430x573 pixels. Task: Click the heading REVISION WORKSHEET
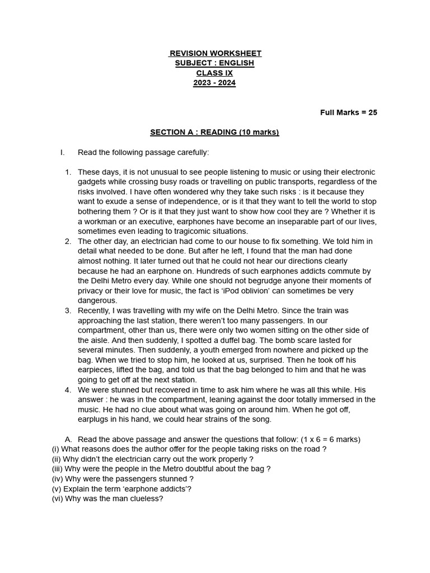coord(215,53)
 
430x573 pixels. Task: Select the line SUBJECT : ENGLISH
coord(214,63)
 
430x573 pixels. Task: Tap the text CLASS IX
coord(214,73)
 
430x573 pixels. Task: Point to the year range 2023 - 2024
coord(214,83)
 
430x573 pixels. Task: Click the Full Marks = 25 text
coord(348,112)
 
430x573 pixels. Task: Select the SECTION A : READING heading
coord(214,133)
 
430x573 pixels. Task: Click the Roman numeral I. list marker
coord(63,152)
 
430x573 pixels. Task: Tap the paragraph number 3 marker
coord(68,311)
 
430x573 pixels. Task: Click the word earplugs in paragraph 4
coord(95,420)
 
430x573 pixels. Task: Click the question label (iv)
coord(57,479)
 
